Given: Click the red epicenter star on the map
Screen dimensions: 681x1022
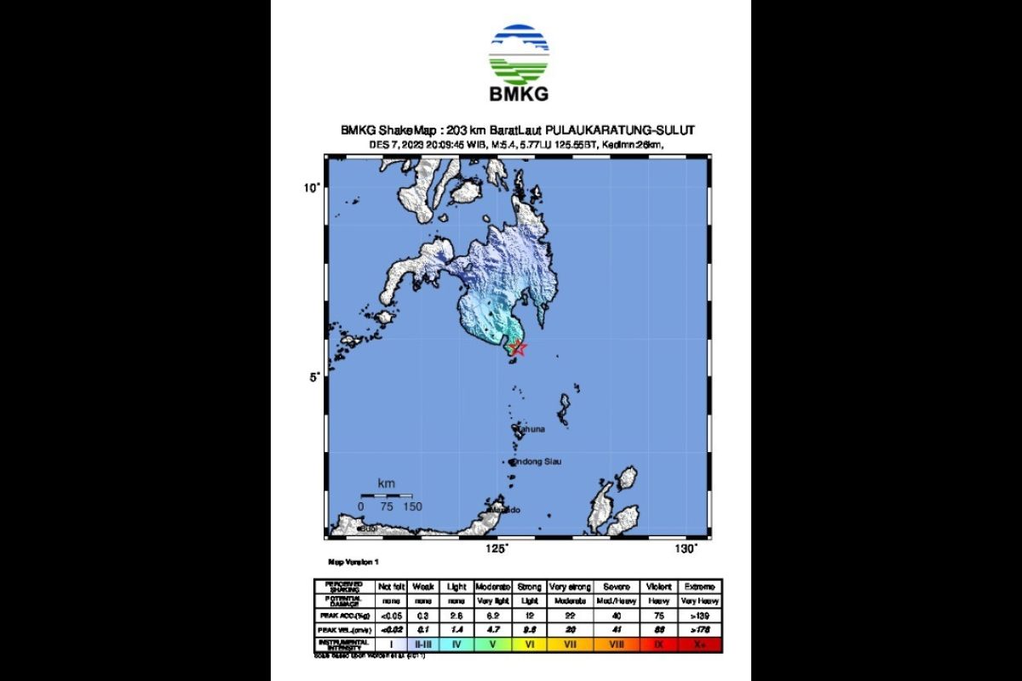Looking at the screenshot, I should point(517,346).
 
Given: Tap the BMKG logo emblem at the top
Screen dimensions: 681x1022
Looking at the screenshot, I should point(519,53).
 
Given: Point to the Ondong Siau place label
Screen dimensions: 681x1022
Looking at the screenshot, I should point(536,461).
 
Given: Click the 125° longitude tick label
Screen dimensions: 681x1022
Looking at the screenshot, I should point(496,549).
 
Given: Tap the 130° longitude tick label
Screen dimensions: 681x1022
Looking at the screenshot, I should point(686,549).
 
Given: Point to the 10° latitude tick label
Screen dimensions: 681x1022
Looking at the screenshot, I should point(313,187).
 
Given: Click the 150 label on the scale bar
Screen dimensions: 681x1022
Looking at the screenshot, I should point(412,506).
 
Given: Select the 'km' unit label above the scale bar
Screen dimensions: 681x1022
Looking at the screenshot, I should point(386,484).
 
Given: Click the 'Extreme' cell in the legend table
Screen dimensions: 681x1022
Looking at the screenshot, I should point(701,587).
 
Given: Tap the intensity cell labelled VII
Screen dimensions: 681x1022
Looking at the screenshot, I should point(571,644).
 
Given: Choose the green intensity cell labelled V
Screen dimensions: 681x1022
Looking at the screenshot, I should point(493,644).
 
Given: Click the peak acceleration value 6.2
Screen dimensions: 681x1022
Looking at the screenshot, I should point(493,615).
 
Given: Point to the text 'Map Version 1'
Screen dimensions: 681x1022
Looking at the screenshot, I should point(353,563).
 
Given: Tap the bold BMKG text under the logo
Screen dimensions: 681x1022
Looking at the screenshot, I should point(519,94).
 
